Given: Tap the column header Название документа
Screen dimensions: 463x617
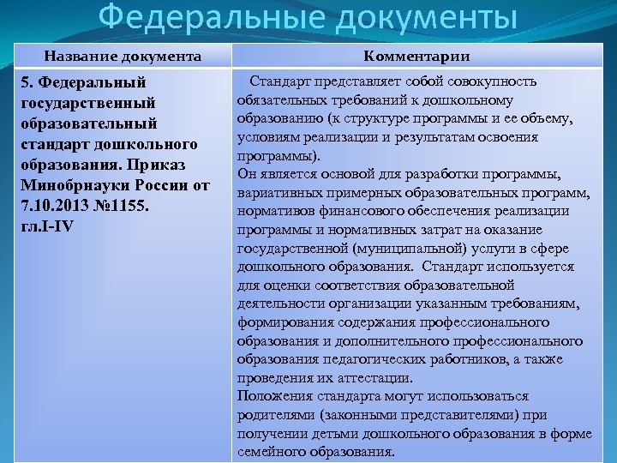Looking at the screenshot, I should (x=123, y=57).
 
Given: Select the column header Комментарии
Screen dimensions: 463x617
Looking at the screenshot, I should (x=416, y=57).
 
